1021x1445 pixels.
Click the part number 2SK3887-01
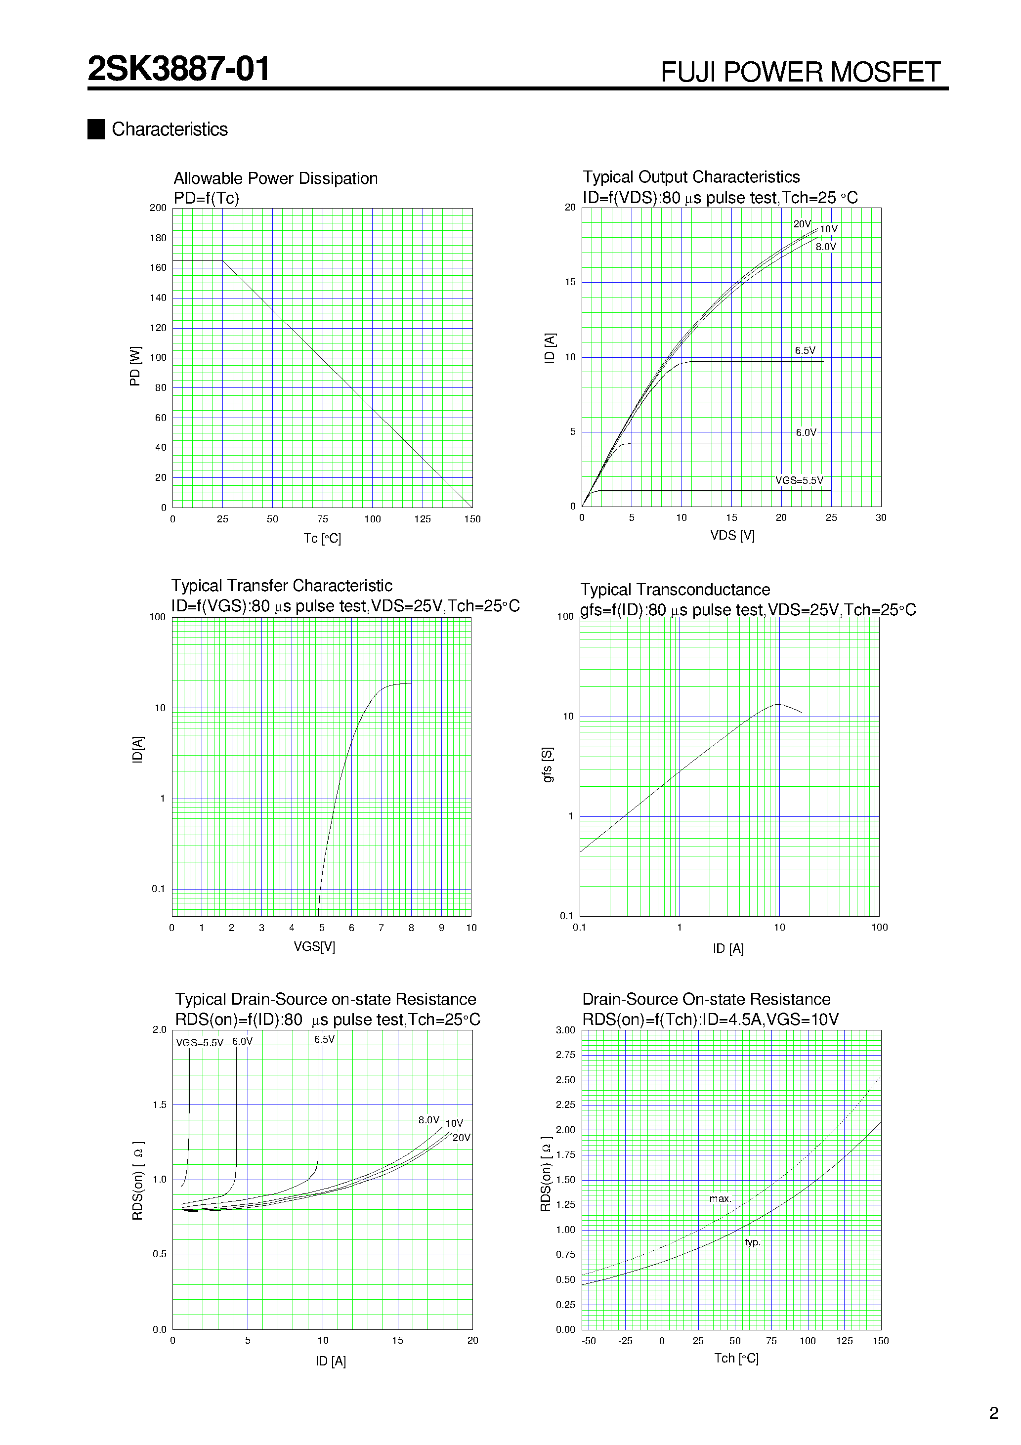click(179, 69)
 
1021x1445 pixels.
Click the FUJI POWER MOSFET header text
click(800, 72)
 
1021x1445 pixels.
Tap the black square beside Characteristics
click(96, 129)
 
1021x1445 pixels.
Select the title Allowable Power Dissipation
click(275, 179)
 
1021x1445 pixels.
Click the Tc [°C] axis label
click(322, 538)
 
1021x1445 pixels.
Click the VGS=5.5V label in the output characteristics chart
click(799, 480)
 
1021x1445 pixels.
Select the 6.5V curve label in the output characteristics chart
click(805, 350)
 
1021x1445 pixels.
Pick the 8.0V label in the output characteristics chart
click(826, 247)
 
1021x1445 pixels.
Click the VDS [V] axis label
click(732, 536)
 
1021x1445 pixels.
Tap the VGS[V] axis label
click(314, 946)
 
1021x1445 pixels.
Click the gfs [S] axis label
click(548, 765)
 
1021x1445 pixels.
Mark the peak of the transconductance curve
click(779, 704)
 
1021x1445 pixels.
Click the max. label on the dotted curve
click(720, 1199)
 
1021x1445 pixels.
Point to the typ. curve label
click(752, 1242)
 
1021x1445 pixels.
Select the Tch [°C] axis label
click(736, 1359)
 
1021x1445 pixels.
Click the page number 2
click(993, 1413)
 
